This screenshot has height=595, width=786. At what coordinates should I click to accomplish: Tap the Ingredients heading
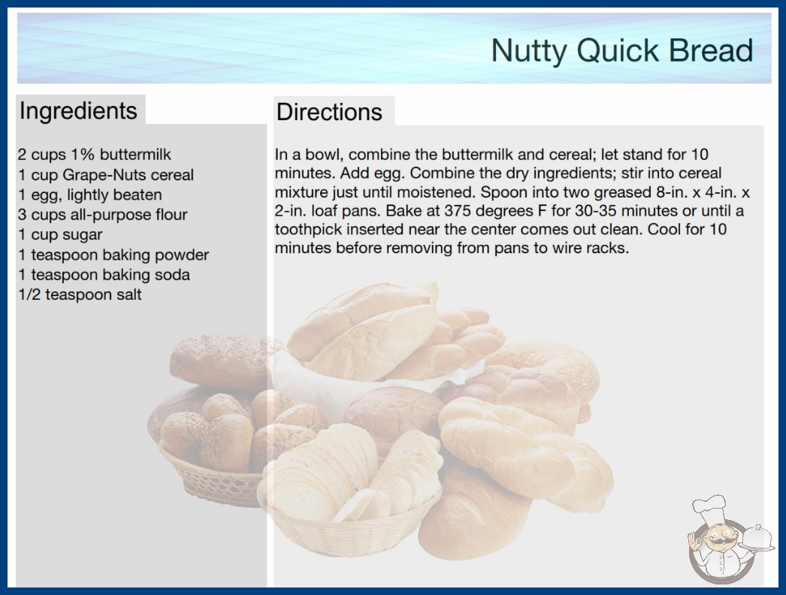coord(78,111)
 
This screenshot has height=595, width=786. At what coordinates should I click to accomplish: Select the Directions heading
coord(329,112)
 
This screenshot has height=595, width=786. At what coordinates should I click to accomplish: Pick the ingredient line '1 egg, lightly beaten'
coord(89,195)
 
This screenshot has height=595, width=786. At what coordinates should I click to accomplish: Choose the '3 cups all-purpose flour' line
coord(102,215)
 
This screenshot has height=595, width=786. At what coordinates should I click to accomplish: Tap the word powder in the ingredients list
coord(181,255)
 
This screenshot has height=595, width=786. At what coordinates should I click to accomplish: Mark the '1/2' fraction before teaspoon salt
coord(29,294)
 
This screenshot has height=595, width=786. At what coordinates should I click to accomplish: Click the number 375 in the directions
coord(458,211)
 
